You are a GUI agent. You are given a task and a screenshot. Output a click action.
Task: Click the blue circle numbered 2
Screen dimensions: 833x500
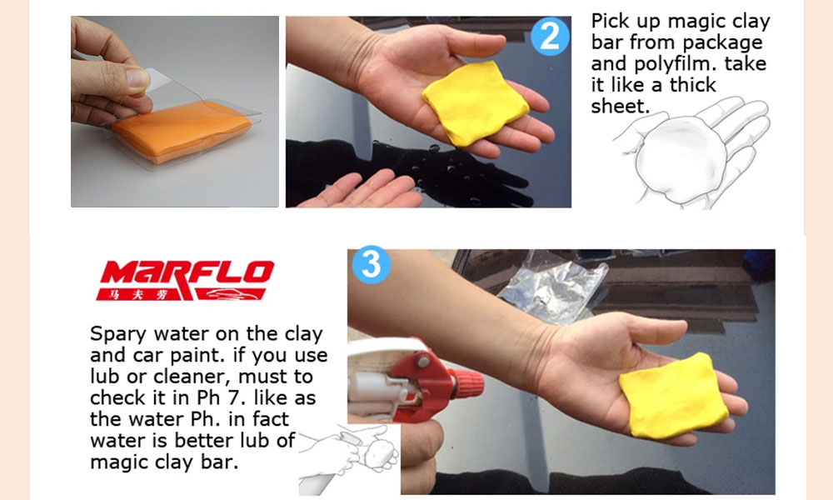(x=550, y=36)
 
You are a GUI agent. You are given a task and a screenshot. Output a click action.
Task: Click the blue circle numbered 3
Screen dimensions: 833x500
(x=372, y=264)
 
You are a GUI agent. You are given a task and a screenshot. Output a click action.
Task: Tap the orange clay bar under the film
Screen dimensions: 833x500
(x=181, y=130)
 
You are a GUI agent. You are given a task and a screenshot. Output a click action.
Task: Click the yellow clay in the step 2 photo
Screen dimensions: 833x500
(x=475, y=102)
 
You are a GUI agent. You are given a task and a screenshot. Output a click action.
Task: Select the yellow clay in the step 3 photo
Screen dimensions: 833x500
(x=672, y=395)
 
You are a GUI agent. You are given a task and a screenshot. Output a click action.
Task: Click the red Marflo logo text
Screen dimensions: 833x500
(x=187, y=272)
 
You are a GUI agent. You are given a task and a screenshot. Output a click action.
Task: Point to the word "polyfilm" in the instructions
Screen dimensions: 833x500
(x=671, y=64)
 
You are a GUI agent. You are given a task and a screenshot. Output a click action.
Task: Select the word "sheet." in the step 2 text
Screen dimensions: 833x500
(x=620, y=107)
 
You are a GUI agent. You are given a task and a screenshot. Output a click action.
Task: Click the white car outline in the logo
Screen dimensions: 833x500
(x=228, y=294)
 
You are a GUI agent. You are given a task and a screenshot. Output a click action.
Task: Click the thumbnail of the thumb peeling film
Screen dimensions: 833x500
(x=137, y=77)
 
